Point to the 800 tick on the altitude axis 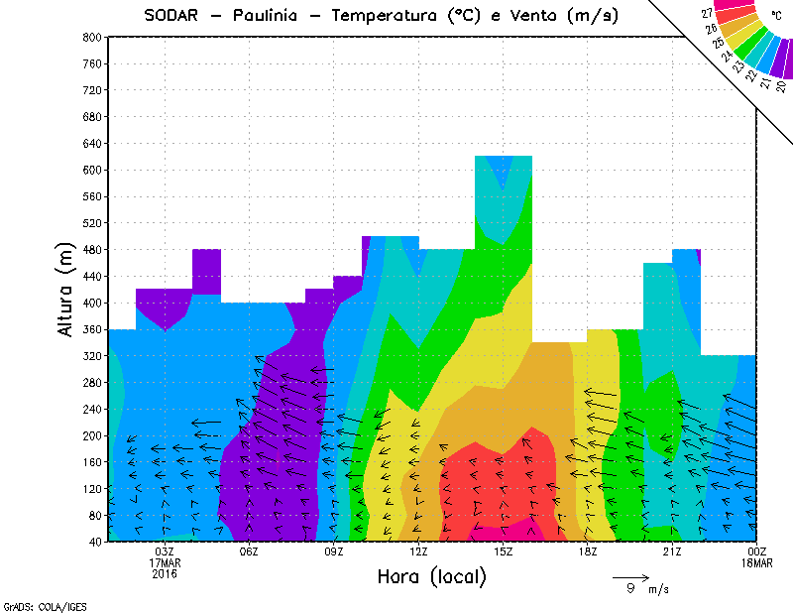pyautogui.click(x=89, y=37)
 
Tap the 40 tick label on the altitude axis pyautogui.click(x=92, y=542)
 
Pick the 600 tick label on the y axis pyautogui.click(x=89, y=170)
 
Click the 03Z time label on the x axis pyautogui.click(x=165, y=552)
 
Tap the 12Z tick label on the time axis pyautogui.click(x=418, y=552)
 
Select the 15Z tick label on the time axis pyautogui.click(x=504, y=552)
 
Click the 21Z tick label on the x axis pyautogui.click(x=672, y=552)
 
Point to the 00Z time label pyautogui.click(x=757, y=552)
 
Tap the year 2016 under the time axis pyautogui.click(x=165, y=573)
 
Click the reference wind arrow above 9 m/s pyautogui.click(x=630, y=576)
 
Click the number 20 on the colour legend pyautogui.click(x=782, y=86)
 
